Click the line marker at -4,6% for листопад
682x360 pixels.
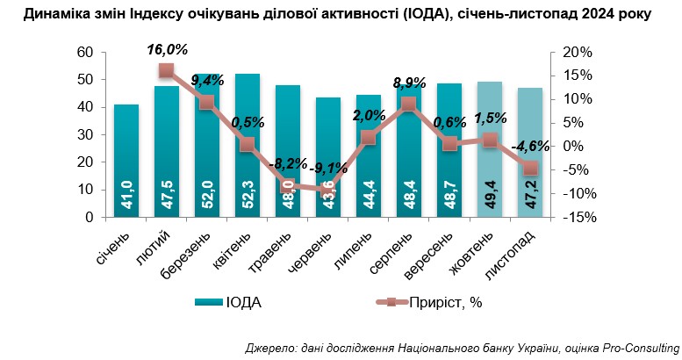click(530, 168)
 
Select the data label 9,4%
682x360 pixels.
click(207, 81)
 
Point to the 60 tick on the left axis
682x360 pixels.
click(86, 53)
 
